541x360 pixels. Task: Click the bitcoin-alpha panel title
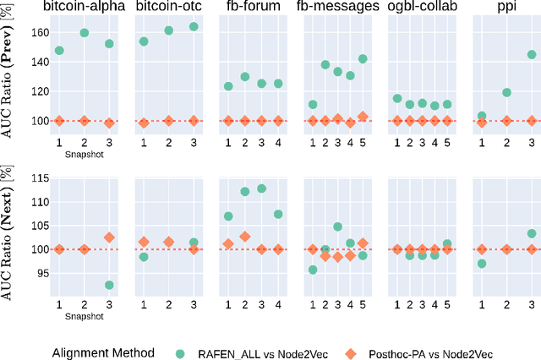click(x=83, y=7)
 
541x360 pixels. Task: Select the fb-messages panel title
click(x=336, y=7)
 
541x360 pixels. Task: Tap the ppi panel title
click(x=506, y=7)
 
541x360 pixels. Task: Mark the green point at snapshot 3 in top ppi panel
click(x=532, y=55)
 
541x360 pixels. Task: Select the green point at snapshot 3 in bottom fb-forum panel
click(x=261, y=188)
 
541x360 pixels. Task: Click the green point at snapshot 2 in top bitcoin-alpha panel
click(x=84, y=33)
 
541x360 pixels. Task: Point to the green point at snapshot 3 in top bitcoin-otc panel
click(x=194, y=27)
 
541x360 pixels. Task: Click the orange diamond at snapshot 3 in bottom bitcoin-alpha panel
click(x=108, y=237)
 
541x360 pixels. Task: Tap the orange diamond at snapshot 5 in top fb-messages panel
click(x=363, y=117)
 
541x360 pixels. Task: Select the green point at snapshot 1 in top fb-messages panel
click(x=313, y=105)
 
